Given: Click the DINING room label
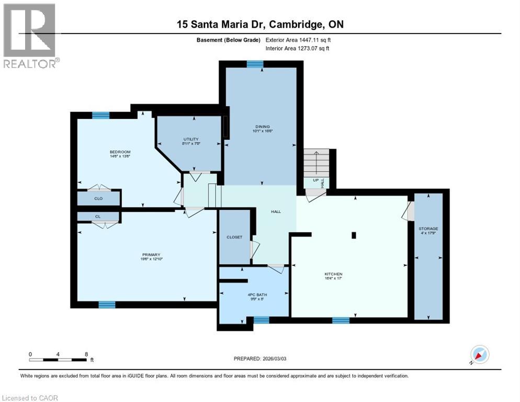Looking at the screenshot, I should click(x=262, y=126).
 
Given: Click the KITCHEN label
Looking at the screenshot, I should click(x=333, y=274).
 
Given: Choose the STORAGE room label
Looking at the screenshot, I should click(x=428, y=229).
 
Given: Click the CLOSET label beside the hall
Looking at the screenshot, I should click(x=234, y=237).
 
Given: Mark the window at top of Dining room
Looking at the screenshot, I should click(x=255, y=64).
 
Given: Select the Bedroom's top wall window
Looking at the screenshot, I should click(x=100, y=116).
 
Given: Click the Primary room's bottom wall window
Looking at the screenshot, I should click(x=107, y=305).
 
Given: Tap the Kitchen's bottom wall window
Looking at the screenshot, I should click(x=341, y=320).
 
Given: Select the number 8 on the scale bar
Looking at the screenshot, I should click(x=86, y=354).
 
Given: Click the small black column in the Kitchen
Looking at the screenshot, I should click(x=354, y=236).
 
